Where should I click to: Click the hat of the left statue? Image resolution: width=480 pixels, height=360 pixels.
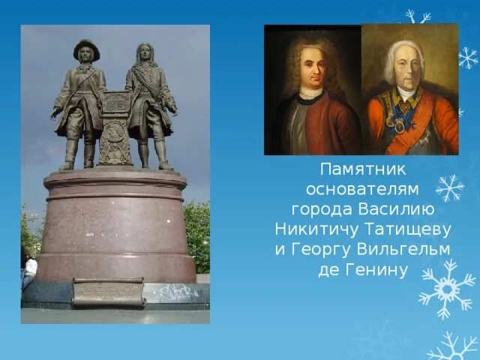point(86,46)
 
